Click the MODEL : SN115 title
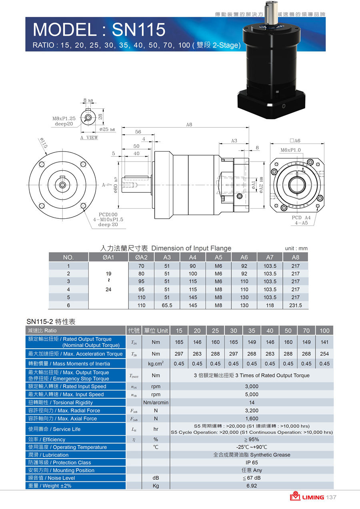[99, 30]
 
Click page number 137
[331, 497]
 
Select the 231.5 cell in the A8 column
[295, 305]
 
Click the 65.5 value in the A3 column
[167, 305]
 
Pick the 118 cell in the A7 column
[270, 305]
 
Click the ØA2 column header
[141, 257]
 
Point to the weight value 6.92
[252, 486]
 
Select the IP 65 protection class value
[252, 463]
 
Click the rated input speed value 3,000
[252, 386]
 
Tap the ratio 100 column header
[324, 331]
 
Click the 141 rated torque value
[324, 342]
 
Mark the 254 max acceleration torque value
[324, 354]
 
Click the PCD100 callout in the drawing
[108, 214]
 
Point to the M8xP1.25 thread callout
[64, 118]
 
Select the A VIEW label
[89, 138]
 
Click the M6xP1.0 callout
[290, 150]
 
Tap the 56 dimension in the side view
[138, 132]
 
